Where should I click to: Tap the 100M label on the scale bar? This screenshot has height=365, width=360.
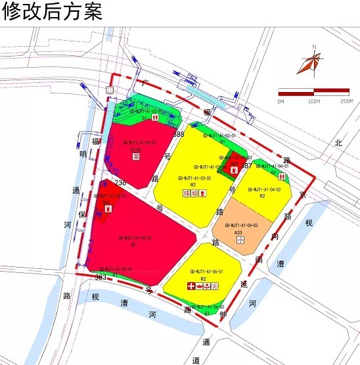pyautogui.click(x=313, y=101)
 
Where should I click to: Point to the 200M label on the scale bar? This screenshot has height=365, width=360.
pyautogui.click(x=346, y=101)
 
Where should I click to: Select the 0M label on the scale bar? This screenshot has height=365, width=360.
pyautogui.click(x=281, y=101)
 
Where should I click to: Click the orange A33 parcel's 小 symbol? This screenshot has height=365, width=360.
pyautogui.click(x=240, y=241)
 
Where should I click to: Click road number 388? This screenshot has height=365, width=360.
pyautogui.click(x=179, y=134)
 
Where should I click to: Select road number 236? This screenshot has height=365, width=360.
pyautogui.click(x=120, y=182)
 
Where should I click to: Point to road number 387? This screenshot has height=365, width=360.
pyautogui.click(x=246, y=166)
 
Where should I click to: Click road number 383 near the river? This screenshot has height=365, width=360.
pyautogui.click(x=101, y=277)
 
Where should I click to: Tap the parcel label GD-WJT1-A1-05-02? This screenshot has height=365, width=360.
pyautogui.click(x=135, y=237)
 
